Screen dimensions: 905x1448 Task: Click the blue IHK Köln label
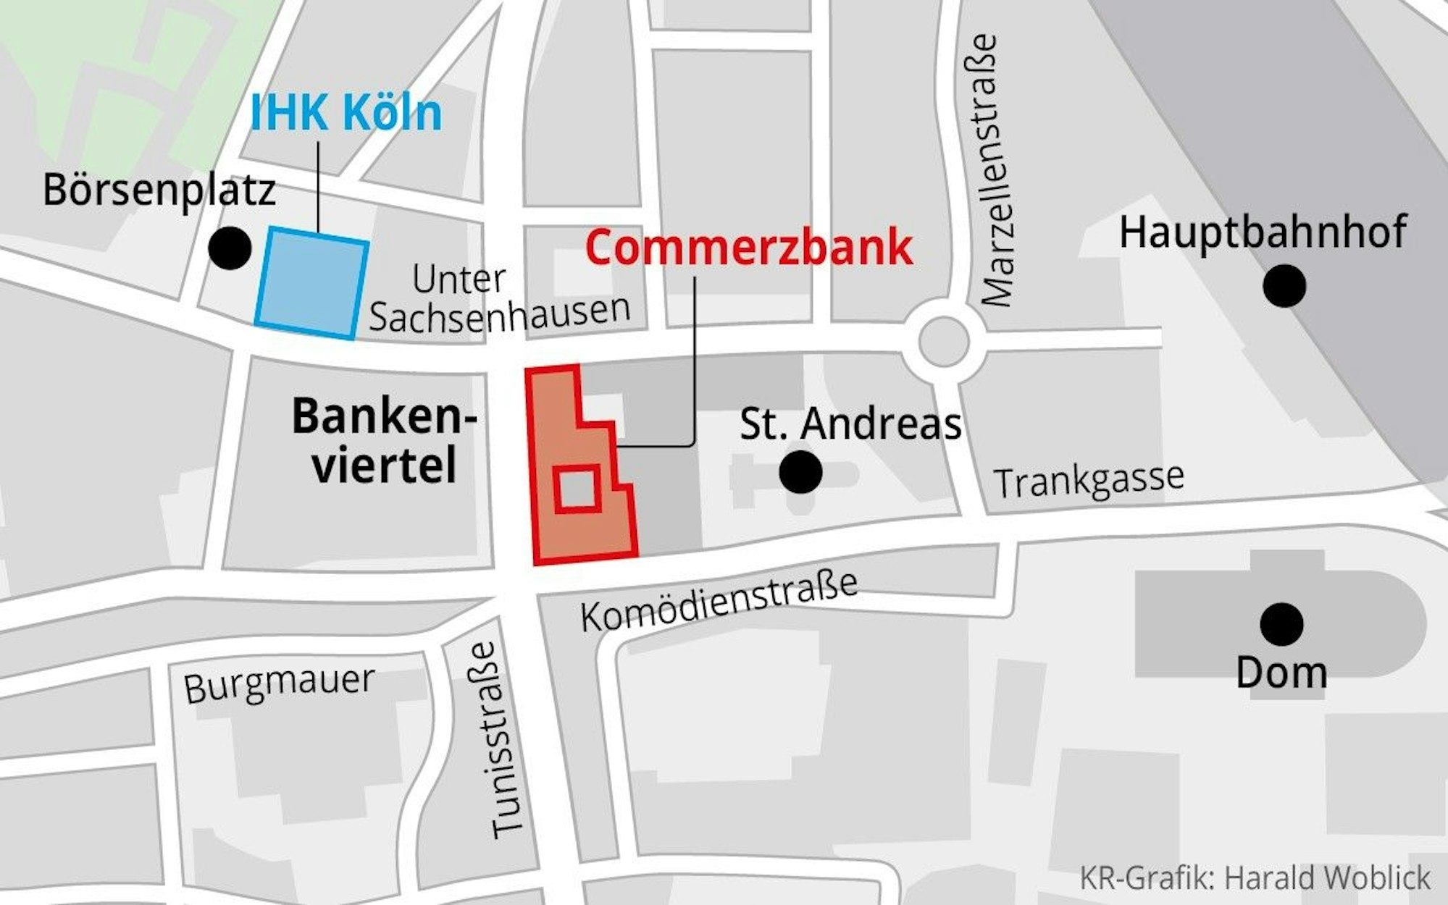346,114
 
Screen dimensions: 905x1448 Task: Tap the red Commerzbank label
748,248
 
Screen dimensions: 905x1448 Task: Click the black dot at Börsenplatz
230,248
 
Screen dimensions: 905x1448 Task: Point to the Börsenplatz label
159,190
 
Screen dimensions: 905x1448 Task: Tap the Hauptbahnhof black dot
1284,286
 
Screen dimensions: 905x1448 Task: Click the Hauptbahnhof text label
1263,232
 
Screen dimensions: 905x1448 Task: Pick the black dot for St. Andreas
800,472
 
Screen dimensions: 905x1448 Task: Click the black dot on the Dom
1281,624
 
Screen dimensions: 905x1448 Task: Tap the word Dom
1281,673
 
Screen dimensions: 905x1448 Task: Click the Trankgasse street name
1088,479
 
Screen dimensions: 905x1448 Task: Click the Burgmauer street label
279,683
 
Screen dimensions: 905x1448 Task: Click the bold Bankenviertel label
384,440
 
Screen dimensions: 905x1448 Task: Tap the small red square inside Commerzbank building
577,489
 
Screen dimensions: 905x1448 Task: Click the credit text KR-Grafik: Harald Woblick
1255,877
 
